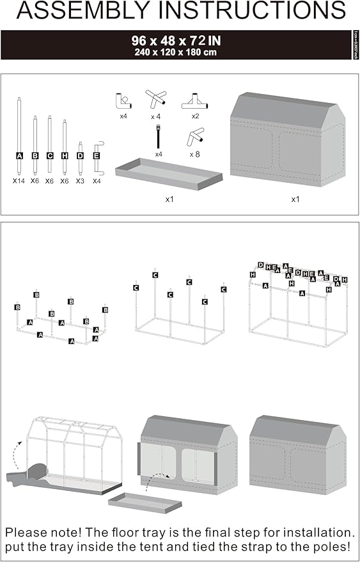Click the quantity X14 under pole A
click(x=19, y=181)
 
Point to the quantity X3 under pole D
click(x=80, y=181)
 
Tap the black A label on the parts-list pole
click(x=19, y=155)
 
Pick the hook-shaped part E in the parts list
click(x=97, y=156)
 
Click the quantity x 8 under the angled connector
click(x=195, y=154)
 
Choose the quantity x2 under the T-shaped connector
click(x=195, y=116)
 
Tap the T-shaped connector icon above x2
click(x=195, y=102)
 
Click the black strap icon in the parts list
click(x=158, y=137)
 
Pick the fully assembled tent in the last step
click(x=298, y=459)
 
